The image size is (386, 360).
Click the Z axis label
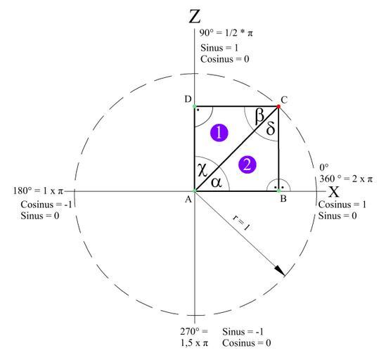[x=195, y=17]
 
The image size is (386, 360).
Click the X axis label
[x=334, y=192]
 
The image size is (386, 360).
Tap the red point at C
[x=278, y=106]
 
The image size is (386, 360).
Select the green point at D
[x=195, y=106]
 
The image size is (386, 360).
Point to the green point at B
[x=278, y=191]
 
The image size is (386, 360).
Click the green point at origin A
[x=195, y=191]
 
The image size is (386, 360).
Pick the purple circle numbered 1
[x=219, y=133]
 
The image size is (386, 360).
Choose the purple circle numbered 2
[x=247, y=165]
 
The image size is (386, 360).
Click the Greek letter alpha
[x=217, y=183]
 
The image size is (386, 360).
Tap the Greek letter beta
[x=259, y=116]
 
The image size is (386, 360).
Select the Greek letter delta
[x=271, y=128]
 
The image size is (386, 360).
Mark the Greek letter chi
[x=202, y=169]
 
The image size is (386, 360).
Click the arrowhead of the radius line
[x=280, y=271]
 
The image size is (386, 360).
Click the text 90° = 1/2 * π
[x=226, y=33]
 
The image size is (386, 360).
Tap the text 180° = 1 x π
[x=38, y=191]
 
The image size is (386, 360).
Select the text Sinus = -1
[x=243, y=332]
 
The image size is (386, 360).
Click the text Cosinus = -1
[x=46, y=205]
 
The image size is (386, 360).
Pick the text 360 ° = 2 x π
[x=346, y=179]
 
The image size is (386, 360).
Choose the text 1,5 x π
[x=194, y=343]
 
